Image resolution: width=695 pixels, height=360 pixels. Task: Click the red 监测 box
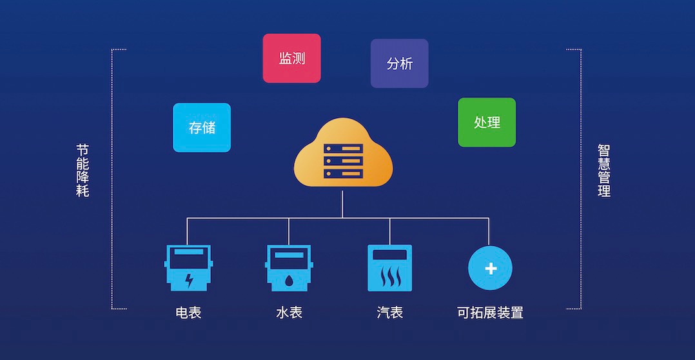291,58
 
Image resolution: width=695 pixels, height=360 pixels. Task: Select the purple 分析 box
399,63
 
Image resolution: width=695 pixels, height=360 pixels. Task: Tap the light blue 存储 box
202,127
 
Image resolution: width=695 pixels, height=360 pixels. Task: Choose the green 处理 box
487,122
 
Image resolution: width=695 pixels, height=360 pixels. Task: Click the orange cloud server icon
343,155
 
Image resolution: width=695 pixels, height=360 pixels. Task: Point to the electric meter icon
188,268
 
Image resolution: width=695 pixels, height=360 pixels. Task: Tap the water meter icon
289,268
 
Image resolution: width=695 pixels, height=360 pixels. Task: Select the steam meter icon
389,268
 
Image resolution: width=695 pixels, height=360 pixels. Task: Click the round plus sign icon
490,268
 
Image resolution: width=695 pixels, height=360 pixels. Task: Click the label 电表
188,313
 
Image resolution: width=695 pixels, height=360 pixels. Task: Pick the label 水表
289,313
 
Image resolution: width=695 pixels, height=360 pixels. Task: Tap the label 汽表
389,313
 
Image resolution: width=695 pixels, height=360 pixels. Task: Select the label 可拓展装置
490,313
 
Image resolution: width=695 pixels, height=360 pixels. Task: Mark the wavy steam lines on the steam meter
389,278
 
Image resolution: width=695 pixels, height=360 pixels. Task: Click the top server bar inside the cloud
343,148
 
